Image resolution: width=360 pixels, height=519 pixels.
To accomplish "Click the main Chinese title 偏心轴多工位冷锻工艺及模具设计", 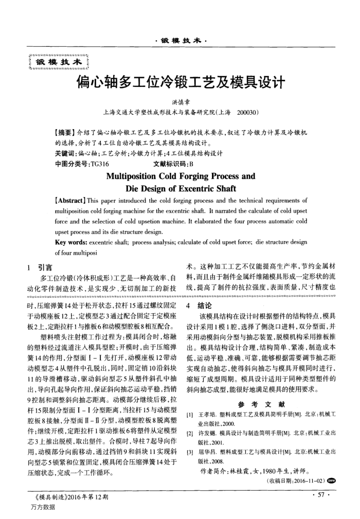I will (180, 82).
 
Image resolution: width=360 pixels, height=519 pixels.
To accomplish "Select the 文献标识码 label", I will (171, 165).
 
